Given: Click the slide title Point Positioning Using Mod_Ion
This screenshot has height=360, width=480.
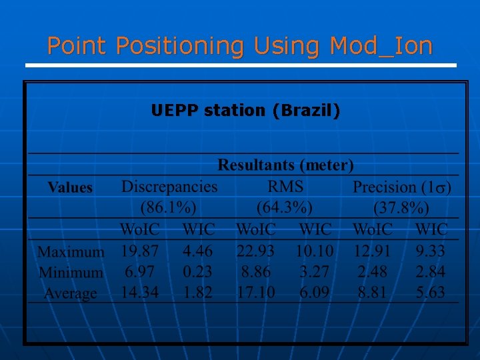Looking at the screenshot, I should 240,46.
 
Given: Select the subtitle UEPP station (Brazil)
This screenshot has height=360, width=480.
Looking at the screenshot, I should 245,110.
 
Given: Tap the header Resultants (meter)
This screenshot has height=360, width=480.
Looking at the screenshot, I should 286,165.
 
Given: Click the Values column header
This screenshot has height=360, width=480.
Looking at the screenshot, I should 70,187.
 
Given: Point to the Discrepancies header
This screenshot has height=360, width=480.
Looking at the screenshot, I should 169,187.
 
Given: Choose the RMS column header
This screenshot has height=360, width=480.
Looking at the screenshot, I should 285,187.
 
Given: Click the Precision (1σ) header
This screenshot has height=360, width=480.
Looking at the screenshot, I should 402,187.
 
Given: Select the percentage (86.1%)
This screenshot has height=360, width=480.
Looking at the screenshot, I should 169,206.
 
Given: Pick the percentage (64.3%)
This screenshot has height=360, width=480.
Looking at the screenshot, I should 285,206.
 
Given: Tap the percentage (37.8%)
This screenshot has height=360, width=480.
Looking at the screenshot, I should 402,206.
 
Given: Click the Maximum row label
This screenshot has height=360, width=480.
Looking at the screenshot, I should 71,252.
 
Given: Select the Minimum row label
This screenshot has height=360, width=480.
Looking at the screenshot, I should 71,272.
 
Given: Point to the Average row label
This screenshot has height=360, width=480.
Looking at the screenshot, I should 71,293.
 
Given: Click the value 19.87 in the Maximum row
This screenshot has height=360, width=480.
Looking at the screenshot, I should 140,251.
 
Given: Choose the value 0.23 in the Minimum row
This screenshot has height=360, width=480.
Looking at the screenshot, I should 198,271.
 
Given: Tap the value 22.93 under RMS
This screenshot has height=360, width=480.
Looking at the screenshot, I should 255,251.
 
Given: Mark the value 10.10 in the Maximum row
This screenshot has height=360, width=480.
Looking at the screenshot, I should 315,251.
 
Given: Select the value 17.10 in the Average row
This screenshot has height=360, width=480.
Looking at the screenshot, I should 255,292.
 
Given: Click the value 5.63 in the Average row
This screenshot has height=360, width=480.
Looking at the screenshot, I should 431,292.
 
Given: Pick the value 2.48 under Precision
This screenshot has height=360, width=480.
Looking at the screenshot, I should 372,271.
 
